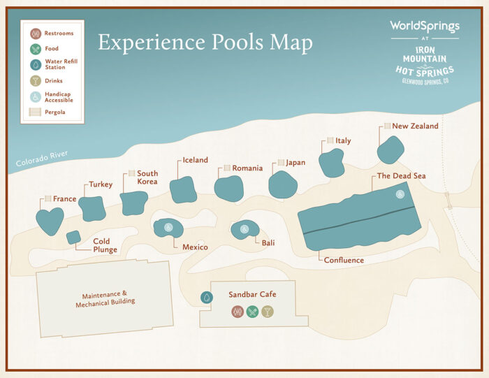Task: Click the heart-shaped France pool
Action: (50, 221)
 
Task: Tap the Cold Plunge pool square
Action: (73, 238)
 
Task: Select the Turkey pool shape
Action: (92, 208)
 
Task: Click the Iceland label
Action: (195, 160)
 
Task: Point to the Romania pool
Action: (228, 188)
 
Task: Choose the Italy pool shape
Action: (331, 163)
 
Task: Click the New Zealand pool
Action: (391, 149)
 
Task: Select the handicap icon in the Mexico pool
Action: (168, 227)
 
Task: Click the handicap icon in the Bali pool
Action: (245, 228)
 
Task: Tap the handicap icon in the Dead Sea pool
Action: (400, 194)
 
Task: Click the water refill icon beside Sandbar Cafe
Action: (207, 298)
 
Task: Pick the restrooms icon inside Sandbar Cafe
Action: (238, 312)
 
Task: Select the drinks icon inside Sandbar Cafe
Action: (267, 312)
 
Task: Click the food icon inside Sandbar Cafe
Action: (252, 312)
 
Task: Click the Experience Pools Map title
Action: (205, 43)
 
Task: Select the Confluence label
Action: (344, 261)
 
